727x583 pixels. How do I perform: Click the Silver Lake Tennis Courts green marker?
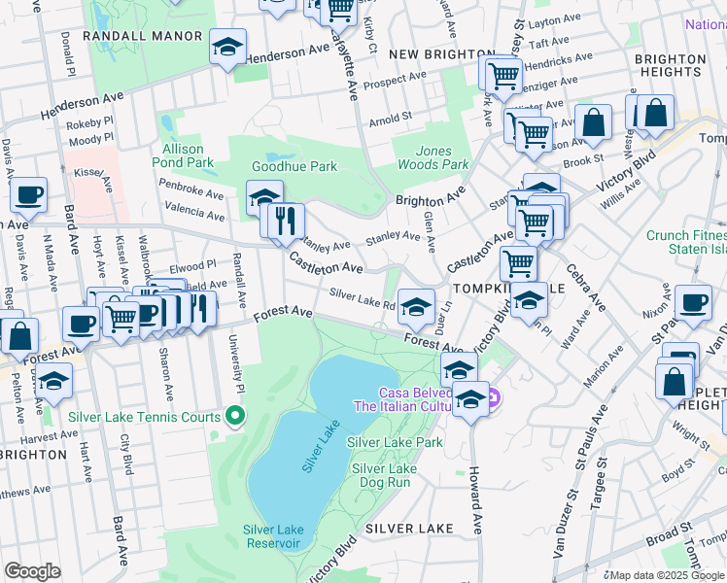tap(234, 417)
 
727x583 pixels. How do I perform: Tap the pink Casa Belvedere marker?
tap(493, 397)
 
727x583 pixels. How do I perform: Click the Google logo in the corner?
tap(32, 571)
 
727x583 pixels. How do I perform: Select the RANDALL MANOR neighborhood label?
tap(143, 36)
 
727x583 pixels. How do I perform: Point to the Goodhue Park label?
tap(294, 166)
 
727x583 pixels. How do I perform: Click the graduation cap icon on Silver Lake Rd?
tap(416, 308)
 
